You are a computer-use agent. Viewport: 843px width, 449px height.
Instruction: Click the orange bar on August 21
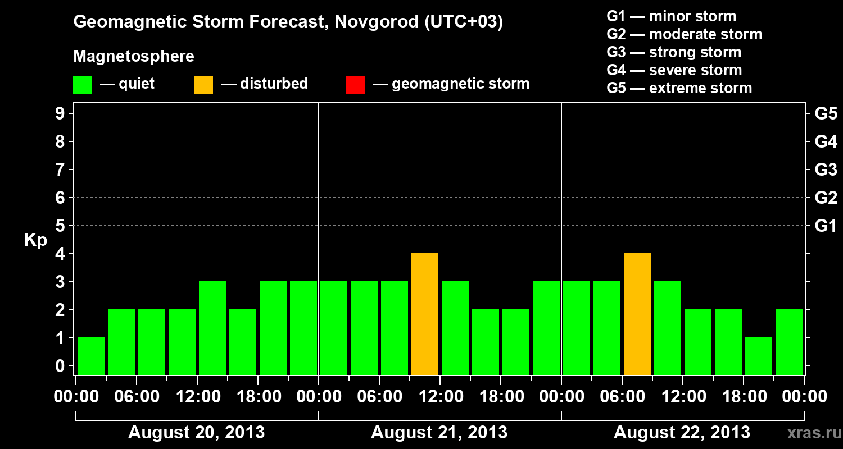click(x=425, y=314)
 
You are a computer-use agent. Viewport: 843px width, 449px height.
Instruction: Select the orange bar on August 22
click(x=637, y=314)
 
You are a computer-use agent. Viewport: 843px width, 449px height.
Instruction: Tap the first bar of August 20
click(x=91, y=356)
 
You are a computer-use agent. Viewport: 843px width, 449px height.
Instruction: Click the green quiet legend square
click(x=82, y=85)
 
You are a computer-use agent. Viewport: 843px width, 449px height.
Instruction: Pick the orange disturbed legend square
click(x=203, y=85)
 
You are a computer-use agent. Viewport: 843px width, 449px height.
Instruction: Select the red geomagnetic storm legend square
click(x=355, y=85)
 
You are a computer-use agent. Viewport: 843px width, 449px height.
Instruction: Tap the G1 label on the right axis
click(x=826, y=226)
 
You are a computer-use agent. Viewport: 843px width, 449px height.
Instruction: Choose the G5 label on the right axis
click(x=826, y=114)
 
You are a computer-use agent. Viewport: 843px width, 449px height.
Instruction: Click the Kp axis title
click(x=35, y=240)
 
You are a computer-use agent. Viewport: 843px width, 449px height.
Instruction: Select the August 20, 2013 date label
click(x=197, y=433)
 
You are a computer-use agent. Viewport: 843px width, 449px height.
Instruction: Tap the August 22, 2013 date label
click(x=682, y=433)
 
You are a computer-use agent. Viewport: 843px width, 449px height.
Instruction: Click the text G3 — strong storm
click(x=674, y=52)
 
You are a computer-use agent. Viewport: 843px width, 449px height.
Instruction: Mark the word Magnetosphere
click(x=134, y=57)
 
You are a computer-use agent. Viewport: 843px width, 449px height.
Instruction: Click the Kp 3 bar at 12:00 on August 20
click(x=212, y=328)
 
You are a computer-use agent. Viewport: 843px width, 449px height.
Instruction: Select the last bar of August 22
click(x=789, y=342)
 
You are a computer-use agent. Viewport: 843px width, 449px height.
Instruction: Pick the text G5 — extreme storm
click(x=679, y=88)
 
